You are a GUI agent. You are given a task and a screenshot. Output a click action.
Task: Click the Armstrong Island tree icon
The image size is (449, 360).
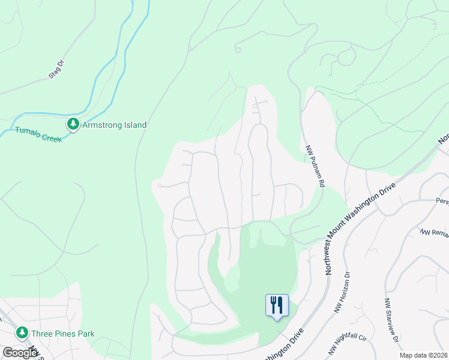click(x=73, y=124)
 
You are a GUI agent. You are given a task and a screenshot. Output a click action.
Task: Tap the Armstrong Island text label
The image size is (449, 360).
click(x=114, y=125)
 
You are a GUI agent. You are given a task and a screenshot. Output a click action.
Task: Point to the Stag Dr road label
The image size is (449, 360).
click(x=56, y=70)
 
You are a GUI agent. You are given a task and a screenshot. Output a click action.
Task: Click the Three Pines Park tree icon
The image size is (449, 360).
click(x=22, y=332)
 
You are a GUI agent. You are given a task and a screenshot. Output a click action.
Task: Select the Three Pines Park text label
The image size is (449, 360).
click(x=62, y=334)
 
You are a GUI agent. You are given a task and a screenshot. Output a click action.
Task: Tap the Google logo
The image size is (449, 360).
click(x=19, y=353)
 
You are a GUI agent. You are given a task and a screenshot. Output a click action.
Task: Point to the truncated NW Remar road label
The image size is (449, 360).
click(x=434, y=232)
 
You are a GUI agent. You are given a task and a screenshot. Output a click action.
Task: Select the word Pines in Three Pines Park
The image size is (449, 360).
click(x=65, y=334)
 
